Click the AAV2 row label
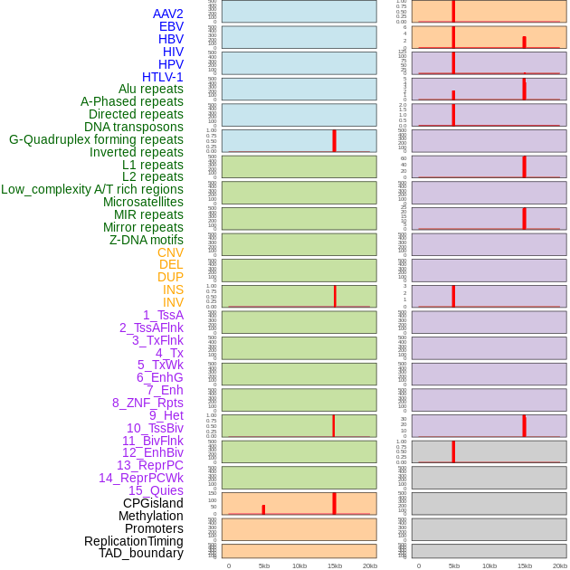pos(167,14)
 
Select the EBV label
pos(171,26)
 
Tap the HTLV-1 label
pos(163,77)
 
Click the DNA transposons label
pos(134,127)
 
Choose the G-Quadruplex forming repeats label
pos(96,139)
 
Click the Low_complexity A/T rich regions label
pos(92,189)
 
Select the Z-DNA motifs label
pos(147,240)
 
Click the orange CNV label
pos(170,252)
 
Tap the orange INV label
pos(173,302)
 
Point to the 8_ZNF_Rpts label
pos(147,403)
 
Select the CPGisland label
pos(153,503)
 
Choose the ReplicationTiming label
pos(134,541)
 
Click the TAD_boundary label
pos(141,553)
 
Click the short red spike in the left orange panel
pos(263,509)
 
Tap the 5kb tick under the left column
pos(264,565)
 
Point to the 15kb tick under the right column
pos(525,565)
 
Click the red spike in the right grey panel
pos(453,451)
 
